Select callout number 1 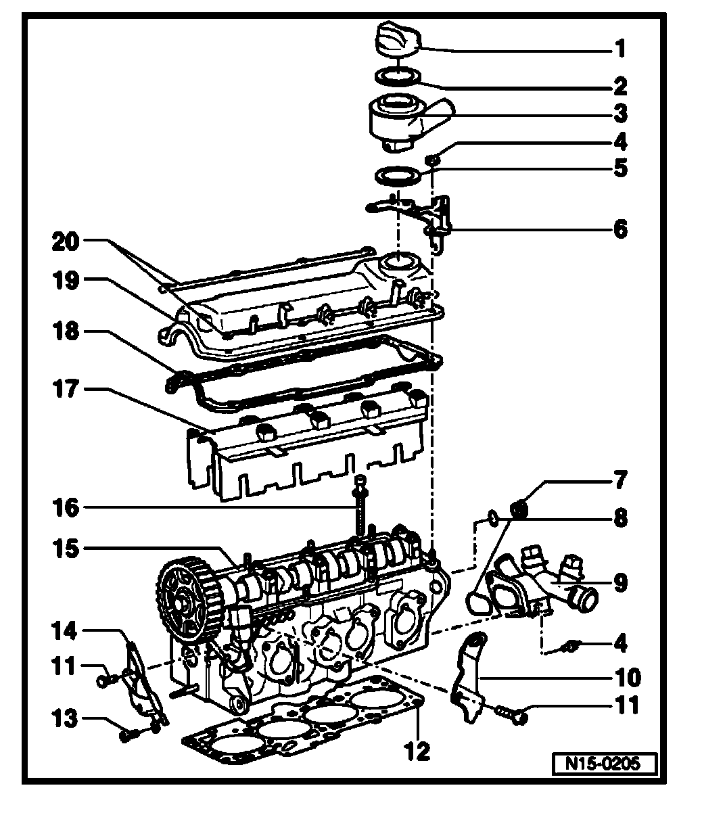619,49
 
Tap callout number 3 619,113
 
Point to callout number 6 619,229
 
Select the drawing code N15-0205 605,764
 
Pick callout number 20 66,241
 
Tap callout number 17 66,390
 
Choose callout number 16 66,507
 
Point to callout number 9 619,582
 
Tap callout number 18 66,332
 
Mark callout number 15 66,549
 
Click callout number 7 619,483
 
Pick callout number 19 66,279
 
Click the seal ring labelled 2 398,76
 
